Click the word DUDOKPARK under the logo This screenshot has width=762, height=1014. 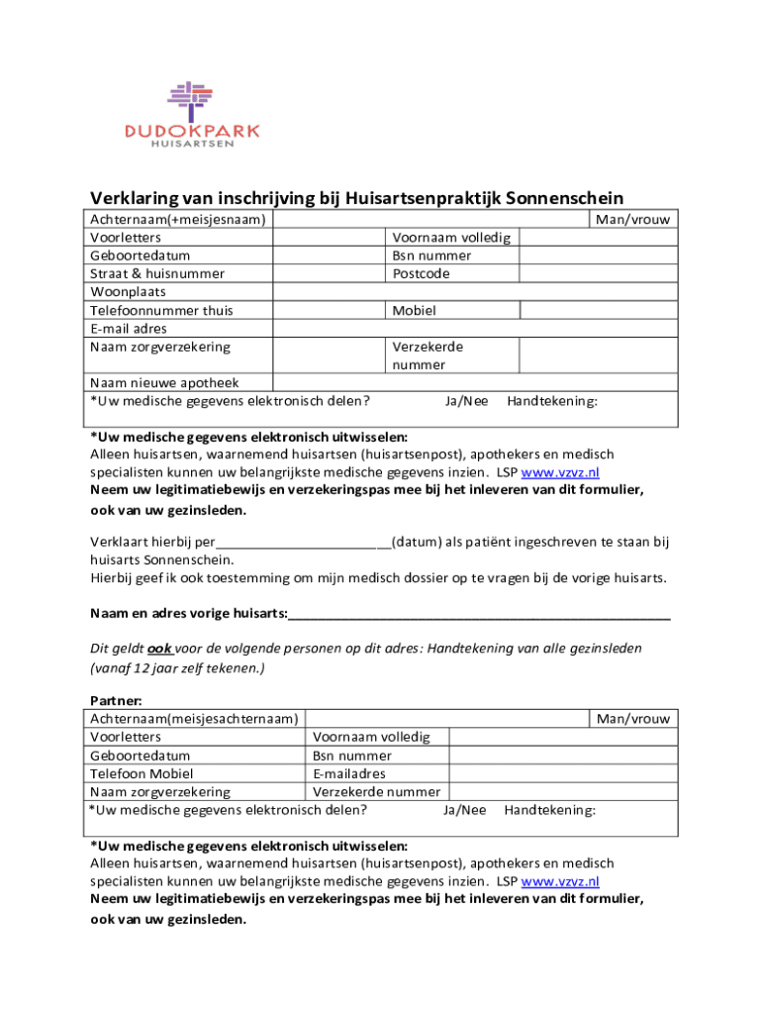tap(193, 131)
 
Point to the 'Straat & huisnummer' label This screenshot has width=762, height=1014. tap(157, 273)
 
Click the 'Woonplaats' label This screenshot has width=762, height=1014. tap(129, 292)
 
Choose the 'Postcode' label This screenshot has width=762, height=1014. tap(421, 273)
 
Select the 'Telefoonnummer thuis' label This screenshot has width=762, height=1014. tap(161, 310)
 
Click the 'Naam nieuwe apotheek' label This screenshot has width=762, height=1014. tap(164, 383)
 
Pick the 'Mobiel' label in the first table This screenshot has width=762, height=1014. tap(414, 310)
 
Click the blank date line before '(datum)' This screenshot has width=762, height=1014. tap(303, 542)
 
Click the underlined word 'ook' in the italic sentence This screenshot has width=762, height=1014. tap(160, 649)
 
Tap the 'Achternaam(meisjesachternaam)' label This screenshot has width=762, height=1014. tap(194, 719)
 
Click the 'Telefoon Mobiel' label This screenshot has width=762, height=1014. tap(142, 773)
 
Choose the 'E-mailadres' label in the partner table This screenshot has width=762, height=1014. tap(349, 773)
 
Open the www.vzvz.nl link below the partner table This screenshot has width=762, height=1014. tap(560, 881)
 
